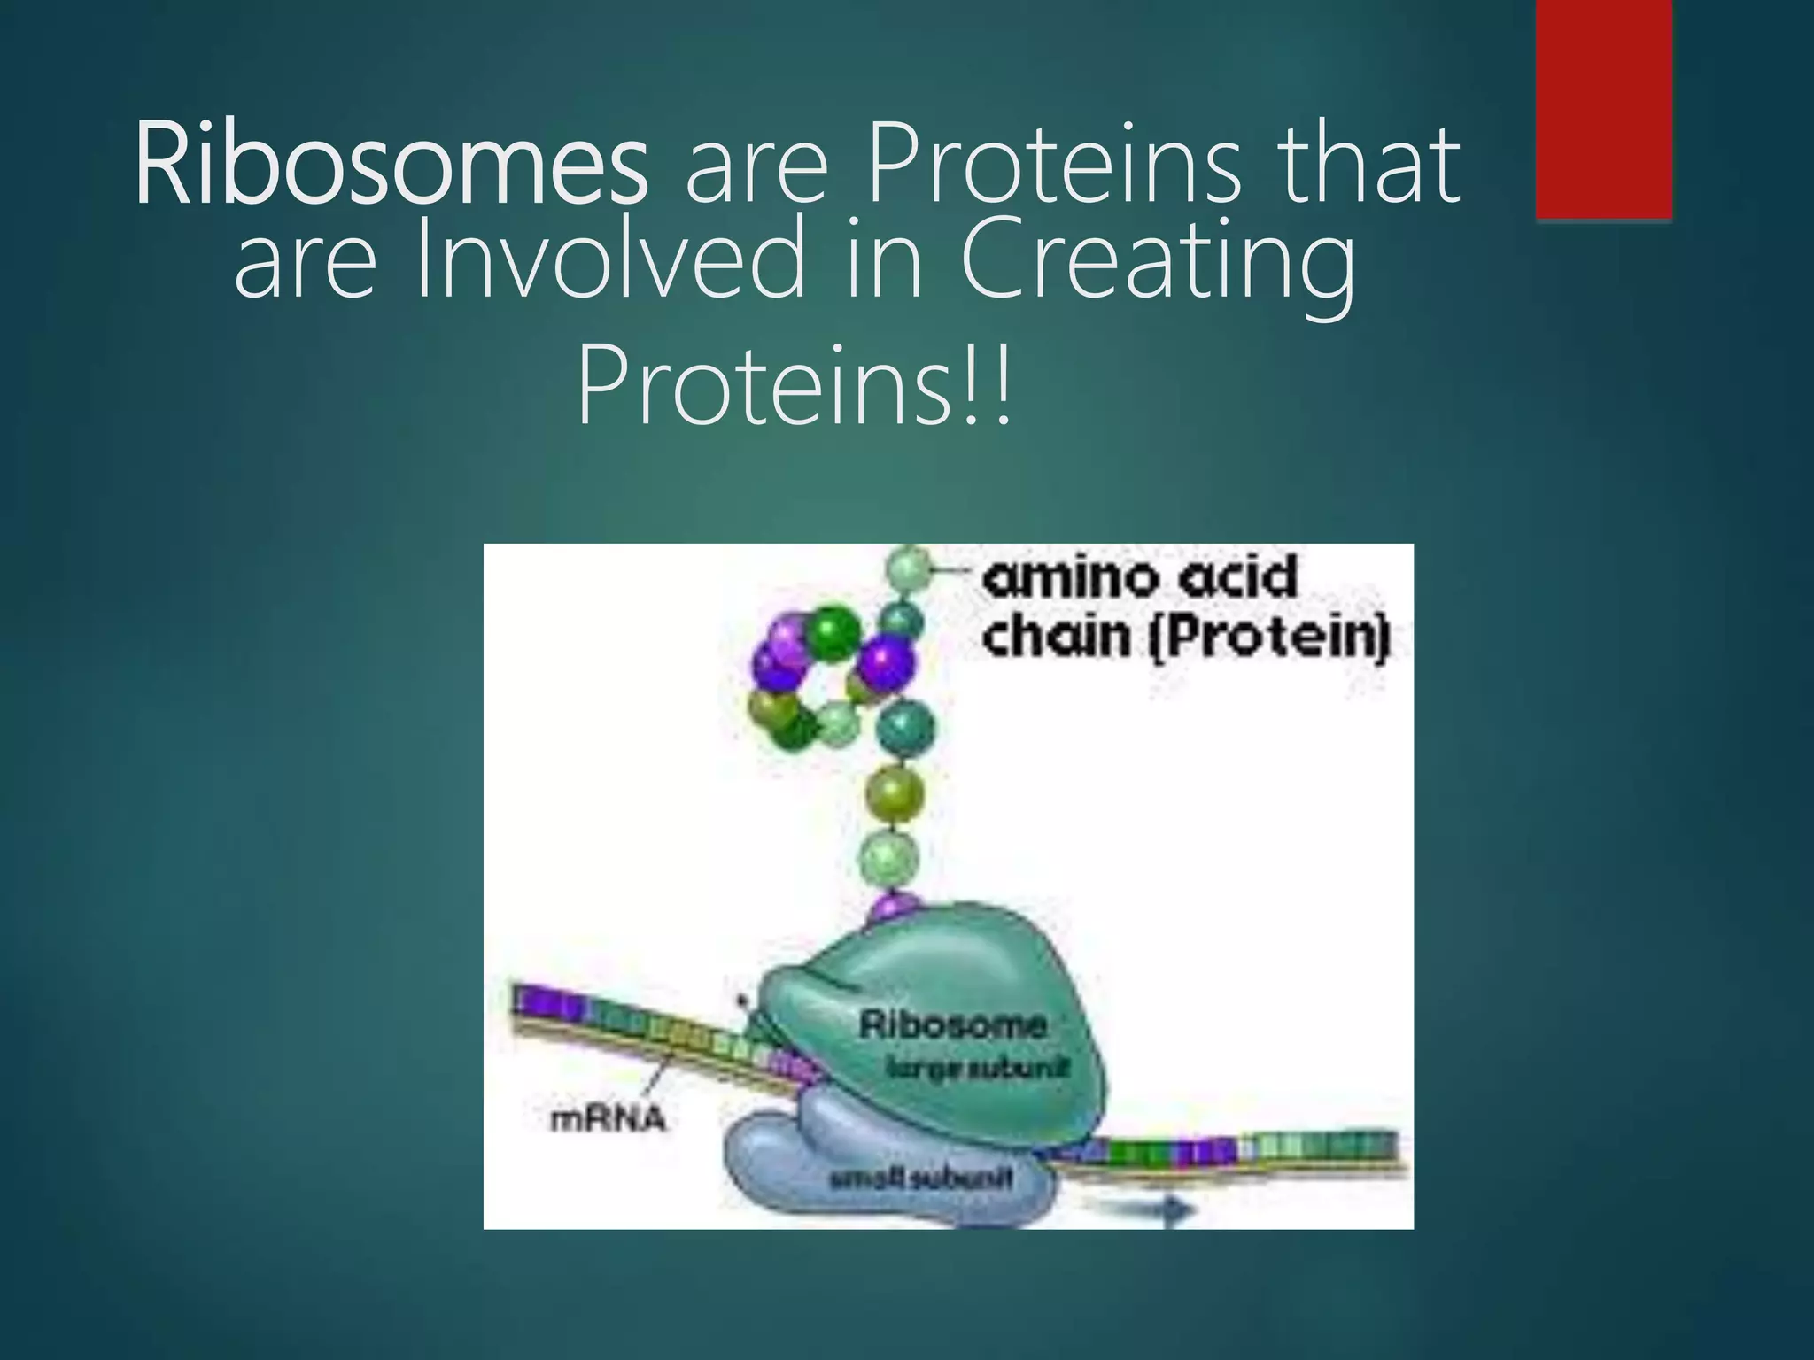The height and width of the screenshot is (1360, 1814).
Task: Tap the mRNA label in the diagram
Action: [608, 1119]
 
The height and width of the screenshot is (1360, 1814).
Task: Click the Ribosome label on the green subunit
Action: [952, 1025]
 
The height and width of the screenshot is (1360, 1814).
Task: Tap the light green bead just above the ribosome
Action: [889, 857]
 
